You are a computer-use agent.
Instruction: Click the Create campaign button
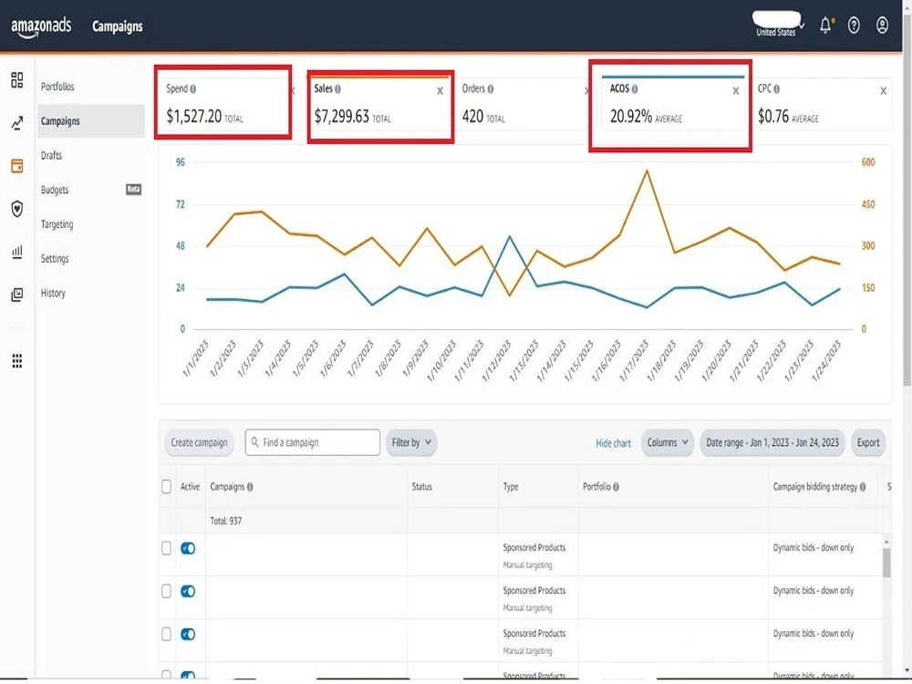click(x=200, y=442)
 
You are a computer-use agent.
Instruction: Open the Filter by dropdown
click(x=411, y=442)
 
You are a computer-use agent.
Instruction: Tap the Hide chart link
click(x=613, y=443)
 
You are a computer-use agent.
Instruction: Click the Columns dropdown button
click(x=668, y=442)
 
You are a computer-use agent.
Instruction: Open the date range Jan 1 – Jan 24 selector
click(x=772, y=442)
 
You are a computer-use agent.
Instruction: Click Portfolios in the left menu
click(x=57, y=87)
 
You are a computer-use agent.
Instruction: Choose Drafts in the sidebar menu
click(x=52, y=155)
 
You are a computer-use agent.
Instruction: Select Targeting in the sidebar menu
click(x=57, y=224)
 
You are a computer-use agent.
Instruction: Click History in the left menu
click(x=53, y=293)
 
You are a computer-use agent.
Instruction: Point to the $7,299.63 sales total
click(x=342, y=117)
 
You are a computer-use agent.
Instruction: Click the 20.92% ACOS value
click(x=631, y=117)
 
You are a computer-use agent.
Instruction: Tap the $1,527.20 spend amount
click(x=193, y=117)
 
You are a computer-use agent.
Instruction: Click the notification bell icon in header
click(x=825, y=26)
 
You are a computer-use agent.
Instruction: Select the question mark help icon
click(x=854, y=26)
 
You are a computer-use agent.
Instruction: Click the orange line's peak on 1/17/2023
click(x=647, y=171)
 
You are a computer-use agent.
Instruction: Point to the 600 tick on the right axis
click(x=869, y=162)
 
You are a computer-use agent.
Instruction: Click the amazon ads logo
click(x=41, y=26)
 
